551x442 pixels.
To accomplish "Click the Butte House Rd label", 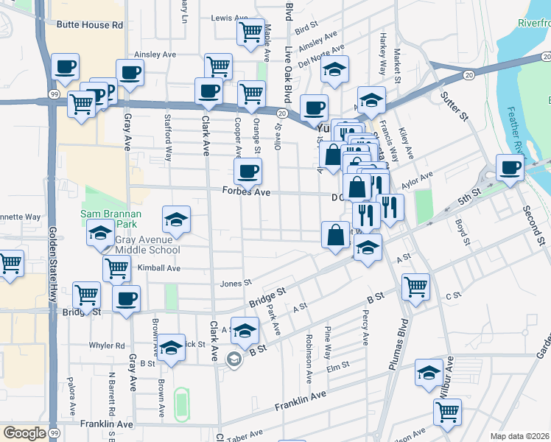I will tap(89, 24).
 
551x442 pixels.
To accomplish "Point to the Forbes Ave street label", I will tap(246, 192).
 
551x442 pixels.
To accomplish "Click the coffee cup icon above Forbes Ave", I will tap(248, 172).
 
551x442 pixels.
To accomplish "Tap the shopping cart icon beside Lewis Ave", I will tap(250, 32).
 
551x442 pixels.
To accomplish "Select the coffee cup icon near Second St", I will tap(510, 166).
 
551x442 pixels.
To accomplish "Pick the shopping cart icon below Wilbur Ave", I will tap(447, 412).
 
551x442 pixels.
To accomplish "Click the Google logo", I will tap(25, 432).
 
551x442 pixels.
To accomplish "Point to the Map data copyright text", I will tap(520, 436).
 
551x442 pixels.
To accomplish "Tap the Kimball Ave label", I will tap(158, 268).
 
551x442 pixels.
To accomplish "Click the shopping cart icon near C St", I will tap(416, 287).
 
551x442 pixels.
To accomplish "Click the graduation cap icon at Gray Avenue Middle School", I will tap(100, 235).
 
